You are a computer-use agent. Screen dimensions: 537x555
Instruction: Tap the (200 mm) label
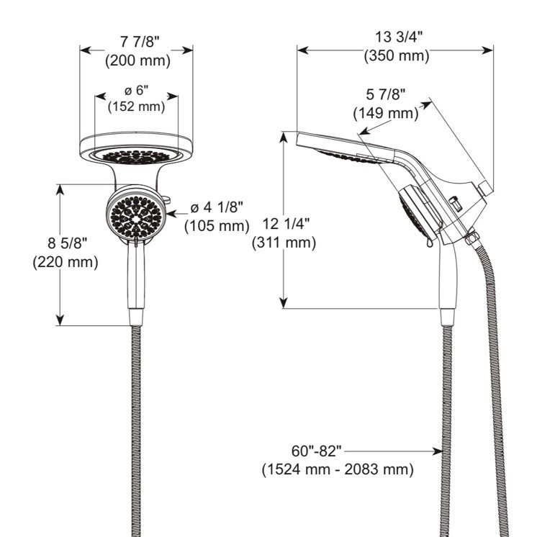[137, 61]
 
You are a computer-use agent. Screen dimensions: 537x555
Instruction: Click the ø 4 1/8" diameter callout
[217, 208]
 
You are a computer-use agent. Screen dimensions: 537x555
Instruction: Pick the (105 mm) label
[217, 225]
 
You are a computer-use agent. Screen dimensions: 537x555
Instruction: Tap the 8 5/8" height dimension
[66, 244]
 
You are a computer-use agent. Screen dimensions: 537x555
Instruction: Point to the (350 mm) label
[397, 55]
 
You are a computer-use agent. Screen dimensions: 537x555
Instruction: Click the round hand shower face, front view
[135, 211]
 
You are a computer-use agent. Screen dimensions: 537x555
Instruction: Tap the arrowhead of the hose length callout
[437, 452]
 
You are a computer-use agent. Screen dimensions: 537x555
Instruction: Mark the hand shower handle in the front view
[135, 277]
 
